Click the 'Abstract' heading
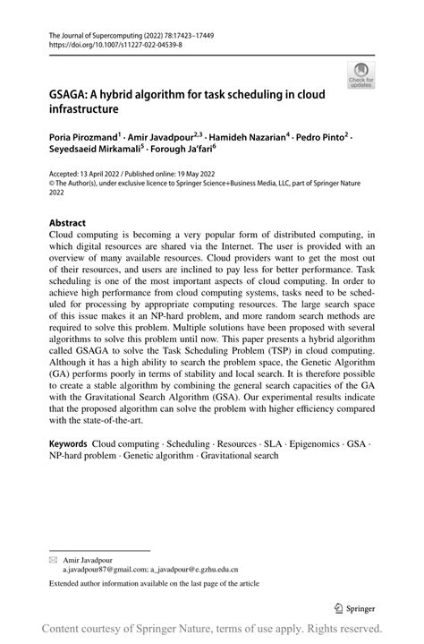coord(67,223)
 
